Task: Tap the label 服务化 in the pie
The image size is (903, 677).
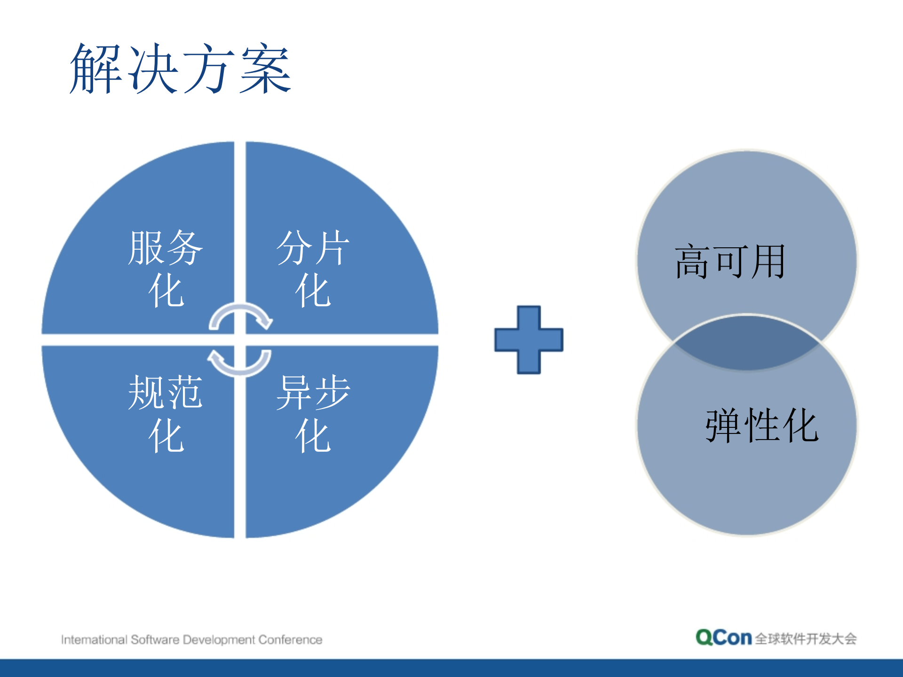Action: (x=166, y=268)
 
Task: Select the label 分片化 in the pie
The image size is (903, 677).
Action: (x=313, y=268)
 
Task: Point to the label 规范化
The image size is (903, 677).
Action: (x=166, y=413)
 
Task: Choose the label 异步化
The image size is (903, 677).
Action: (x=313, y=413)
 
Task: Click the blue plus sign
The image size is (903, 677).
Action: (x=529, y=339)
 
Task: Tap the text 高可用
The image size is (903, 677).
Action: (x=730, y=261)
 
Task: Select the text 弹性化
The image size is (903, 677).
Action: (x=762, y=425)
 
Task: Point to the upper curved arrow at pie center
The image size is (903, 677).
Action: (x=241, y=315)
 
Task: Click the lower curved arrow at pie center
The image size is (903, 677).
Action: (x=240, y=363)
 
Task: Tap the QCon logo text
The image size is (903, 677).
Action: (x=724, y=638)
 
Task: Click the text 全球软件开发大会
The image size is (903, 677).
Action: (x=806, y=639)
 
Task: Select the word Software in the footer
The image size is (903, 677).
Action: (x=155, y=640)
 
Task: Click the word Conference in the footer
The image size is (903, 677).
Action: (x=290, y=640)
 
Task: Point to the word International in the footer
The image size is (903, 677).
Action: (x=94, y=640)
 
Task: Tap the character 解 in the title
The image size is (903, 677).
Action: (x=96, y=69)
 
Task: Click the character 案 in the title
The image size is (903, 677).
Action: (x=266, y=69)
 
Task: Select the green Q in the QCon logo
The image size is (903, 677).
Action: (x=705, y=638)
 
